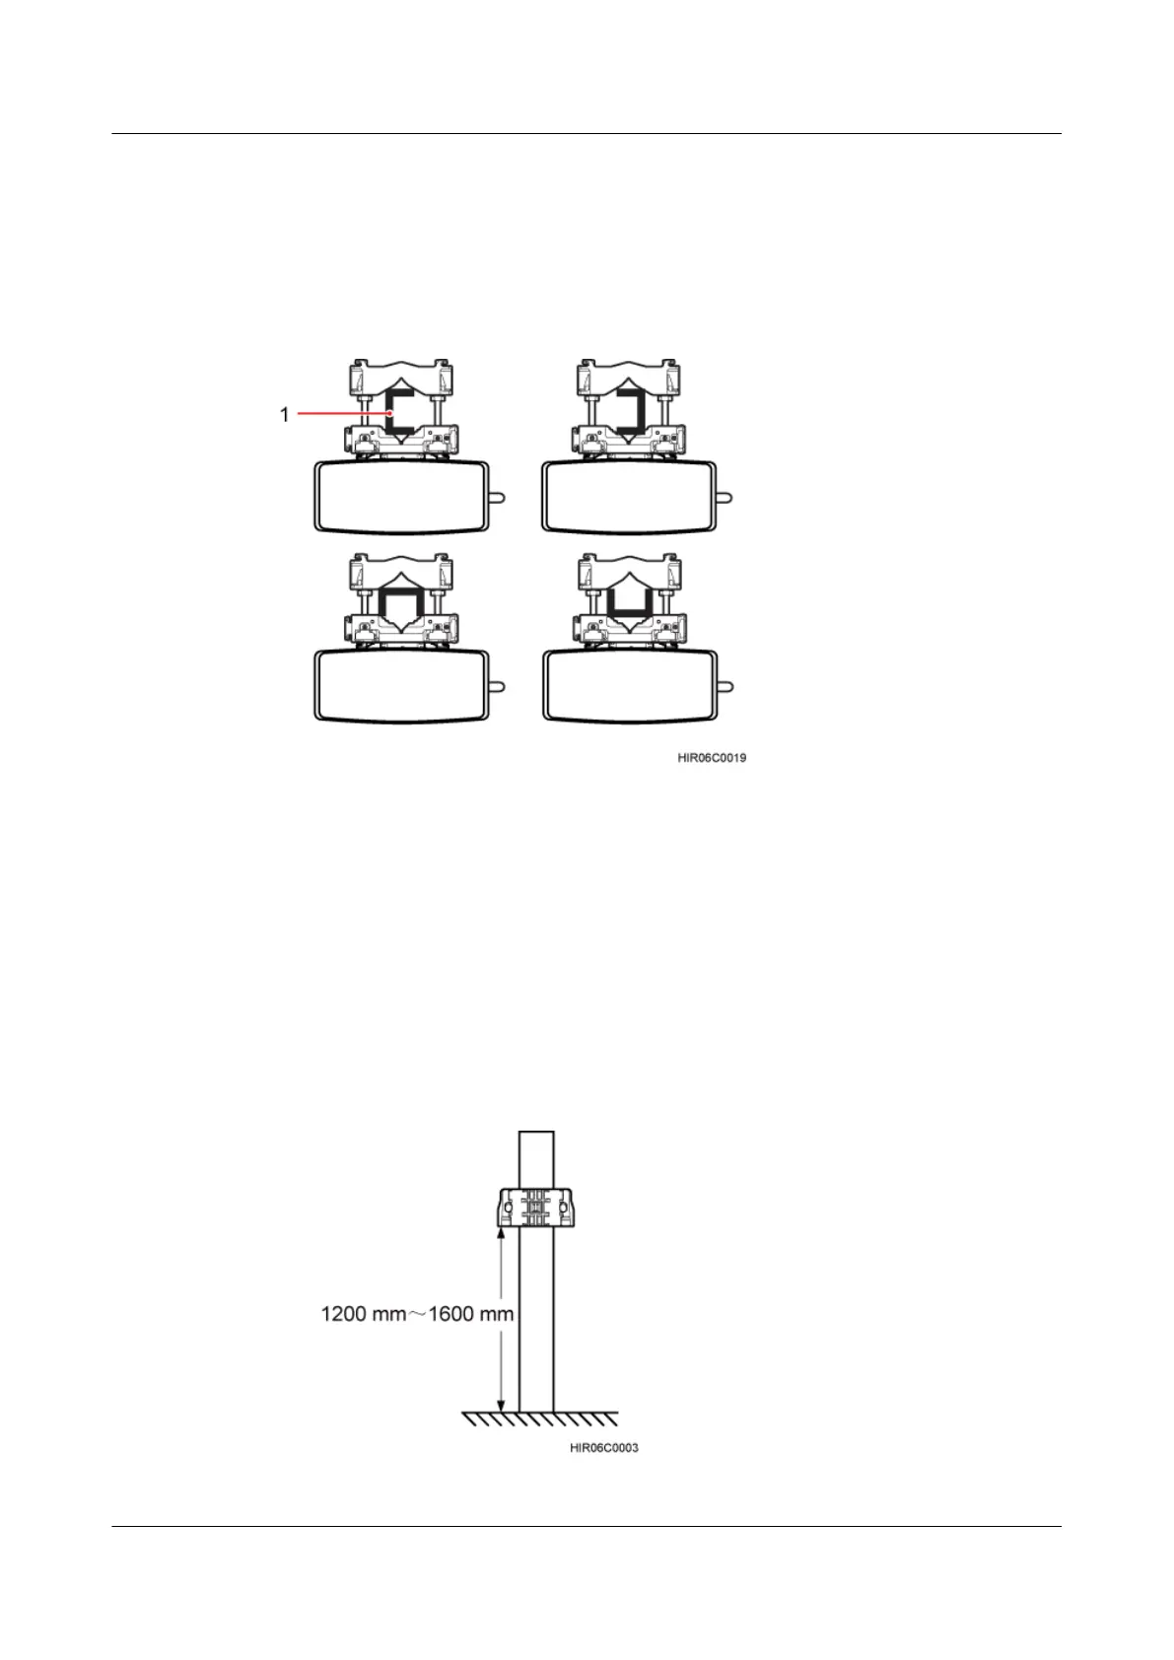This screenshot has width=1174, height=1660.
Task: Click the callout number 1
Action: coord(285,415)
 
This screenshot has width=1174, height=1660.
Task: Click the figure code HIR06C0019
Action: coord(711,758)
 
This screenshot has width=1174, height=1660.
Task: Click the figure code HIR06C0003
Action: coord(603,1448)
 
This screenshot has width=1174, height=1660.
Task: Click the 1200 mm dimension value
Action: coord(363,1314)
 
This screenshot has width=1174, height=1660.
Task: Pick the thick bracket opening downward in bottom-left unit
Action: coord(401,603)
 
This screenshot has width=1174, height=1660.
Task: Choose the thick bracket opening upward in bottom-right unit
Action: coord(628,603)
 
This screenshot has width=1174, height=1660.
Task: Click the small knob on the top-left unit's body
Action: coord(499,498)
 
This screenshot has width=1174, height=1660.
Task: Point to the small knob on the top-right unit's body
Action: coord(725,498)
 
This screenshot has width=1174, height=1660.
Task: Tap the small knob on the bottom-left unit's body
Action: coord(499,686)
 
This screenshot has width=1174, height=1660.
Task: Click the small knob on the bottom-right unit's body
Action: coord(725,686)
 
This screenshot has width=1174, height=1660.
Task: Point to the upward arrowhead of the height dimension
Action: coord(501,1233)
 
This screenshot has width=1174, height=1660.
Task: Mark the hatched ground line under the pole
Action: coord(540,1418)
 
